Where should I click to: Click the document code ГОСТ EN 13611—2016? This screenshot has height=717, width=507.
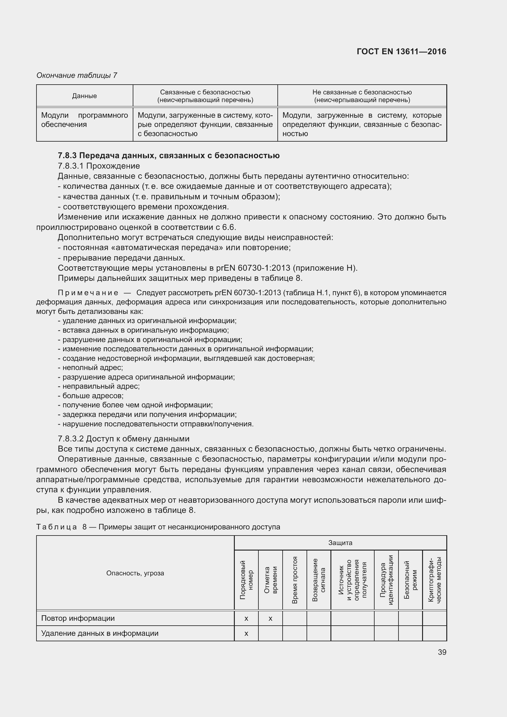401,51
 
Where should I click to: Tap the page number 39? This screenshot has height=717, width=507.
442,652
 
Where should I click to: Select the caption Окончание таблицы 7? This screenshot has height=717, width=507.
77,75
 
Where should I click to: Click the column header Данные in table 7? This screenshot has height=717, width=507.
84,96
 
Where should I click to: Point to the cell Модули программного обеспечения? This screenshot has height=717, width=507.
84,120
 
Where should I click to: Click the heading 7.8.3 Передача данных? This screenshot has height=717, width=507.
169,155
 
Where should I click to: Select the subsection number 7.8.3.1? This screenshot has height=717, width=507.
71,166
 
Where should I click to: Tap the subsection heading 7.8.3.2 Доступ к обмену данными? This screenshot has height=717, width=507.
124,439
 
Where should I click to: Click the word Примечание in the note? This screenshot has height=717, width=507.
88,293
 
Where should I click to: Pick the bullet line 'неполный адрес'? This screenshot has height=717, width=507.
92,368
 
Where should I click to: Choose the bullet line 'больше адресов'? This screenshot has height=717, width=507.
93,396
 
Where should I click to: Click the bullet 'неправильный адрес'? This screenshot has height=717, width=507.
101,386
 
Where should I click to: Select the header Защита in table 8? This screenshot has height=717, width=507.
340,543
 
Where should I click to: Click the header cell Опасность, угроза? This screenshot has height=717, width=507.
135,573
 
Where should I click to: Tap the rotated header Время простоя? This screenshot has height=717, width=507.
294,580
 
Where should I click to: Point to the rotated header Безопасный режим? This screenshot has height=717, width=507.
410,580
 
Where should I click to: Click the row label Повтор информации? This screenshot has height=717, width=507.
78,618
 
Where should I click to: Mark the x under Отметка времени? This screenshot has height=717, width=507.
270,618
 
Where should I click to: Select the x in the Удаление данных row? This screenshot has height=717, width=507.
246,633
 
